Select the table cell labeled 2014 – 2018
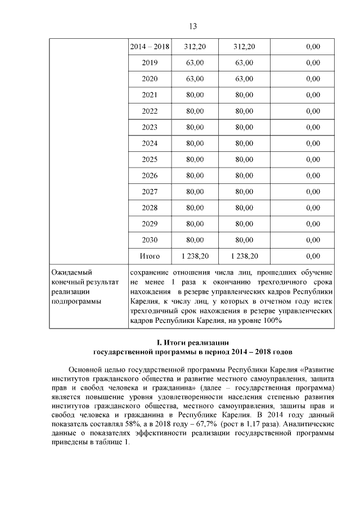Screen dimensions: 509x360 (150, 46)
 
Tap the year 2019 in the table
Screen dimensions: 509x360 (150, 62)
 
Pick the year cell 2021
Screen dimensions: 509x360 (150, 94)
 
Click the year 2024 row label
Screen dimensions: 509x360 (150, 143)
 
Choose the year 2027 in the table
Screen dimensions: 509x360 (150, 191)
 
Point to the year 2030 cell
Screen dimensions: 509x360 (150, 240)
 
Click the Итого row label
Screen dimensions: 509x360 (150, 256)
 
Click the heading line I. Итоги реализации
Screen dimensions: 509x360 (192, 343)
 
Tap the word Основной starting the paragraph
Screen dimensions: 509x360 (86, 370)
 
